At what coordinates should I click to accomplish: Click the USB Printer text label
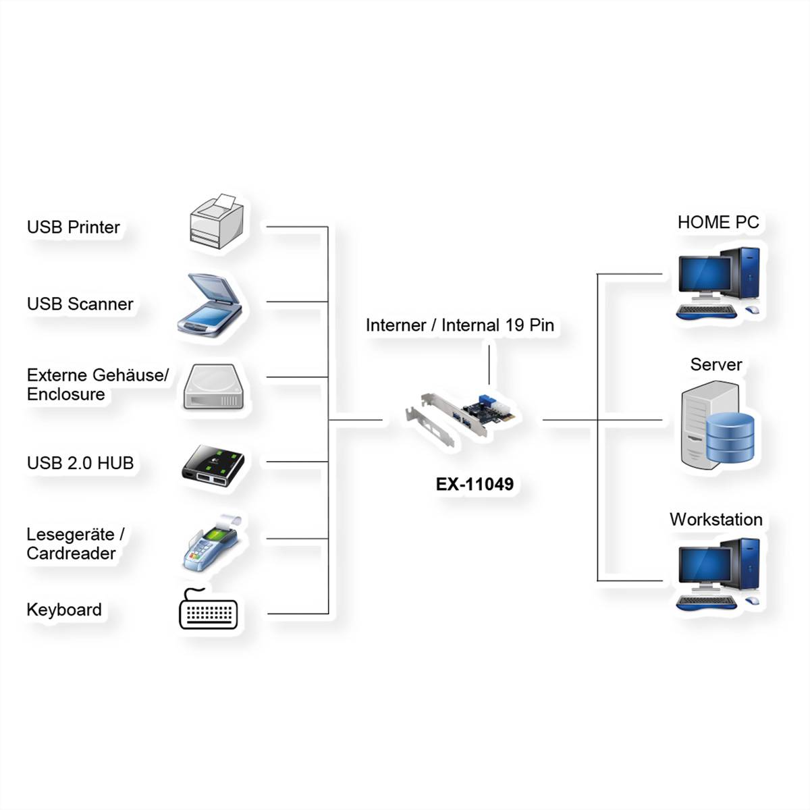tap(73, 227)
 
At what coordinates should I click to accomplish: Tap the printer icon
tap(215, 221)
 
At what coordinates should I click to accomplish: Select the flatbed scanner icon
tap(210, 305)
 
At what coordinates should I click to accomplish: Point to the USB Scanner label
tap(80, 304)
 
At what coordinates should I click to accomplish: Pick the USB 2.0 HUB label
tap(80, 463)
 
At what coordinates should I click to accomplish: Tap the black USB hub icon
tap(212, 465)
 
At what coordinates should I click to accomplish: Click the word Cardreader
tap(71, 553)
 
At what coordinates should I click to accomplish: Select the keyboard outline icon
tap(209, 611)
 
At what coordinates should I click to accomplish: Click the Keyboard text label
tap(64, 610)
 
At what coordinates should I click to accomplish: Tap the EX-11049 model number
tap(475, 484)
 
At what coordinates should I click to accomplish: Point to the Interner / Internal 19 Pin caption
tap(460, 325)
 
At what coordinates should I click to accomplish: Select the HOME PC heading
tap(718, 222)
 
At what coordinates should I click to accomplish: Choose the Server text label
tap(715, 365)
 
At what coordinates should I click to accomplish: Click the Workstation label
tap(715, 520)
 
